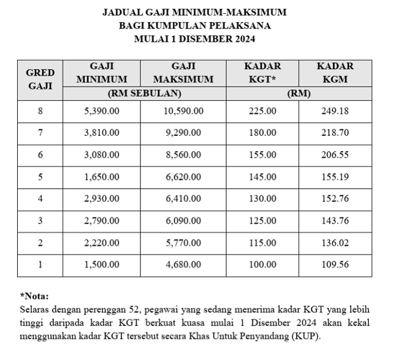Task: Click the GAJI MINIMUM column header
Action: pyautogui.click(x=102, y=73)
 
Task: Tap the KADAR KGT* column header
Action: pyautogui.click(x=262, y=73)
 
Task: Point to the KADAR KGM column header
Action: pyautogui.click(x=335, y=73)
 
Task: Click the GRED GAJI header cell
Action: pyautogui.click(x=40, y=80)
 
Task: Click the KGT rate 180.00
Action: pyautogui.click(x=262, y=133)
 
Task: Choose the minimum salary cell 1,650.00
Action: pyautogui.click(x=102, y=177)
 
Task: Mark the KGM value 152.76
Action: pyautogui.click(x=335, y=199)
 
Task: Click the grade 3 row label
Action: pyautogui.click(x=40, y=221)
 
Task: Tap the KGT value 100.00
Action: pyautogui.click(x=262, y=264)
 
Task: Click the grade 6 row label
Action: pyautogui.click(x=40, y=155)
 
